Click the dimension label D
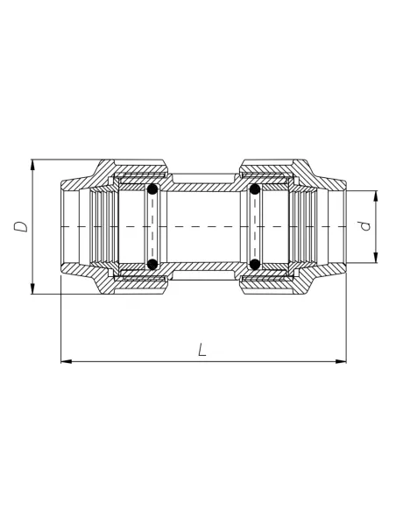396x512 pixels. click(x=20, y=226)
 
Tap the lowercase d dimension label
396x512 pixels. click(x=367, y=225)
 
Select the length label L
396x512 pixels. click(x=202, y=350)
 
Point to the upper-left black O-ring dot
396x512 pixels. click(x=152, y=188)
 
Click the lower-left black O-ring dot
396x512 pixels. click(x=152, y=264)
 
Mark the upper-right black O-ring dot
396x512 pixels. click(x=254, y=188)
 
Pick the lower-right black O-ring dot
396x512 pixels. click(x=254, y=264)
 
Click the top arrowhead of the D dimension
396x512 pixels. click(x=33, y=164)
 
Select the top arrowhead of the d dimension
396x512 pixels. click(x=376, y=195)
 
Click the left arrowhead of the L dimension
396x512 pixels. click(x=65, y=360)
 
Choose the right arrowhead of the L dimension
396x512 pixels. click(x=343, y=360)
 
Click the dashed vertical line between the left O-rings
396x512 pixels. click(x=152, y=226)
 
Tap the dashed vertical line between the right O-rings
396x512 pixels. click(x=254, y=226)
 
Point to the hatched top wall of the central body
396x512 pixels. click(x=203, y=187)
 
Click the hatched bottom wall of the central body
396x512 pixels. click(x=203, y=266)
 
